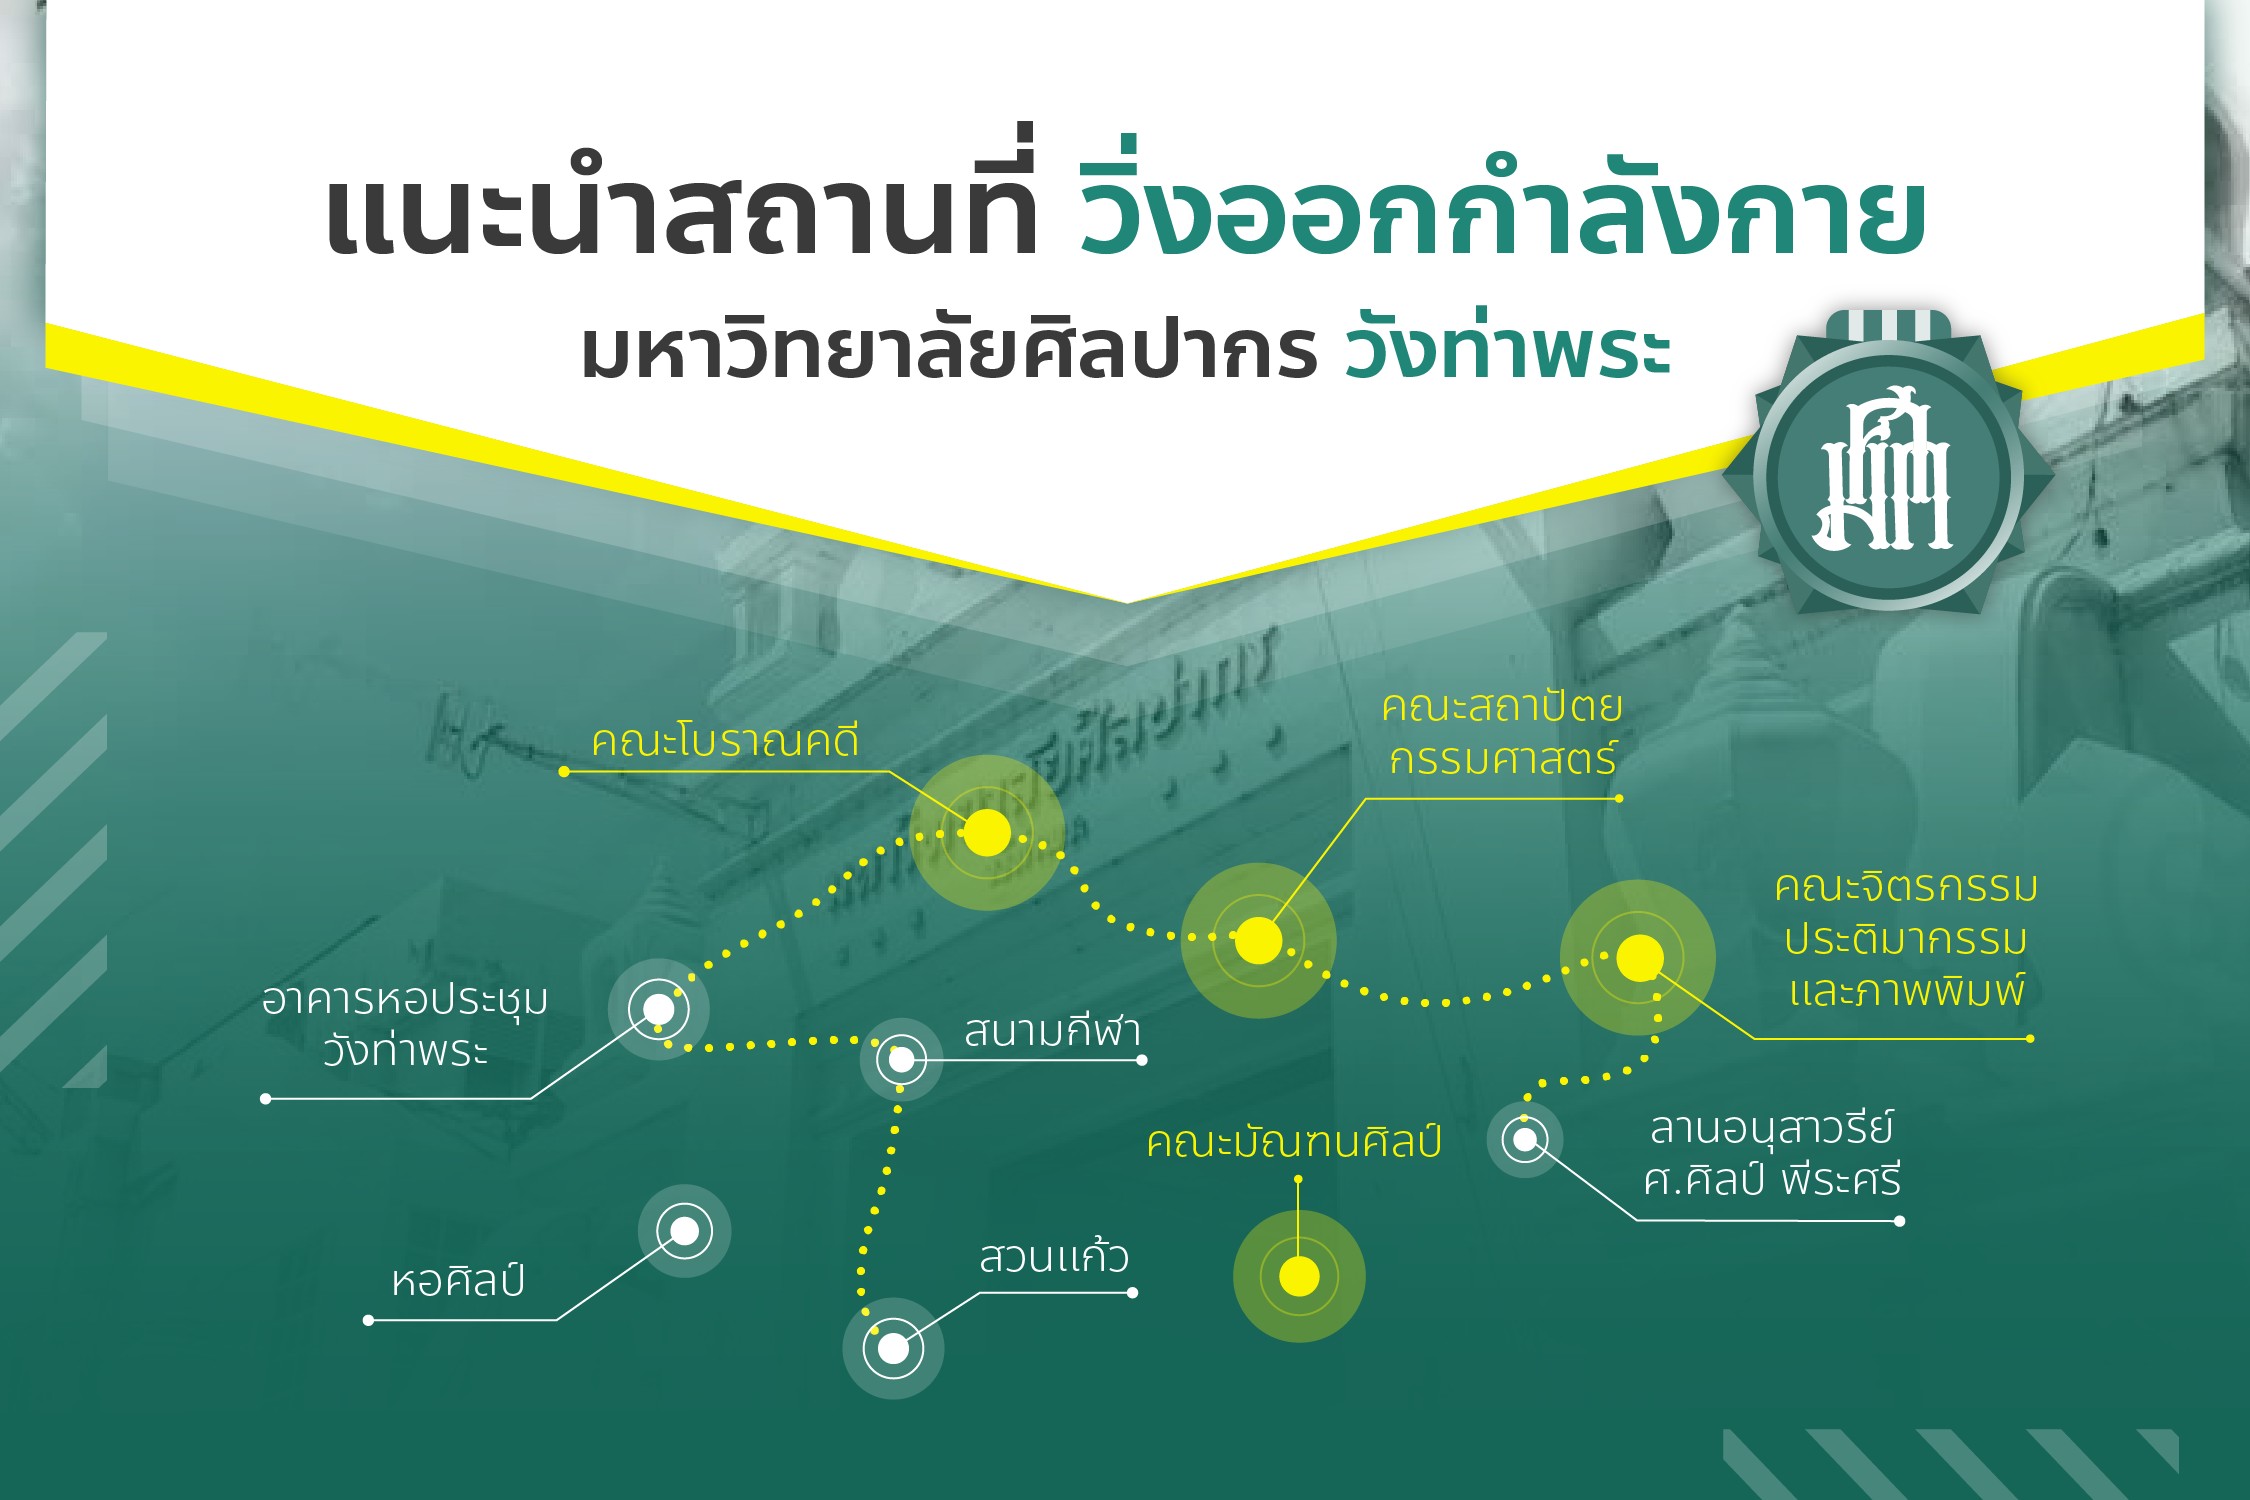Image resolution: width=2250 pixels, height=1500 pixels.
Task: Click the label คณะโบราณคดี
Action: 725,742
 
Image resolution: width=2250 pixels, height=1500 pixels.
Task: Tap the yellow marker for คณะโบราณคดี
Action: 987,832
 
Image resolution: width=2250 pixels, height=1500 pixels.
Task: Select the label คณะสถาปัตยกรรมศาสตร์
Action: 1502,733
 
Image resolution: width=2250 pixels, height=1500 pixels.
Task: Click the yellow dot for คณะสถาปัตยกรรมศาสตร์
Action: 1258,940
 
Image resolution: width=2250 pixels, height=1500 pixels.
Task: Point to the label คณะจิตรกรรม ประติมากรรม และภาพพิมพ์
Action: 1906,939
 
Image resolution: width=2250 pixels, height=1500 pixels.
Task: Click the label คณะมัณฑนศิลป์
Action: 1294,1142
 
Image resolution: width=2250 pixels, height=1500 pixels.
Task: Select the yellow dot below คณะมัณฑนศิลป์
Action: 1299,1276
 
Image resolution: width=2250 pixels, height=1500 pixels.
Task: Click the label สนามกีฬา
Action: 1052,1031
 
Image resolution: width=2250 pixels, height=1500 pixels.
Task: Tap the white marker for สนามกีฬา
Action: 901,1059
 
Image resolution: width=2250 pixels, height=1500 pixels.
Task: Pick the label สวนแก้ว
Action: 1054,1257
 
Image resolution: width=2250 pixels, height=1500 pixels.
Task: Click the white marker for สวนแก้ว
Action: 893,1348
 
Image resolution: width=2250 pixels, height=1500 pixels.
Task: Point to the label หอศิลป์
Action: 458,1281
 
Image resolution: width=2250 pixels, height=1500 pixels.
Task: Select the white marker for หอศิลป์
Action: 684,1231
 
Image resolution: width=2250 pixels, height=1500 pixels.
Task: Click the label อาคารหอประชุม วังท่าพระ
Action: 405,1026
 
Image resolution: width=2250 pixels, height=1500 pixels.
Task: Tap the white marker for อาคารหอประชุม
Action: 658,1009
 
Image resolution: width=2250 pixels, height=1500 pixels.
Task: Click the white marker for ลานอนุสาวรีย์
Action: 1525,1139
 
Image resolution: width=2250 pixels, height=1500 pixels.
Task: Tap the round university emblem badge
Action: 1888,475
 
